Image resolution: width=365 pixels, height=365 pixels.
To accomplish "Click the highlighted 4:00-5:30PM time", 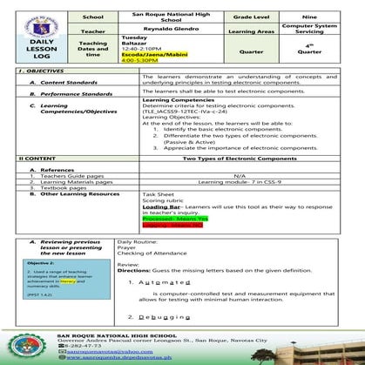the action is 139,60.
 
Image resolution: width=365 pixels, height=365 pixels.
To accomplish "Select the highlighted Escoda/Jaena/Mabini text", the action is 152,54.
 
